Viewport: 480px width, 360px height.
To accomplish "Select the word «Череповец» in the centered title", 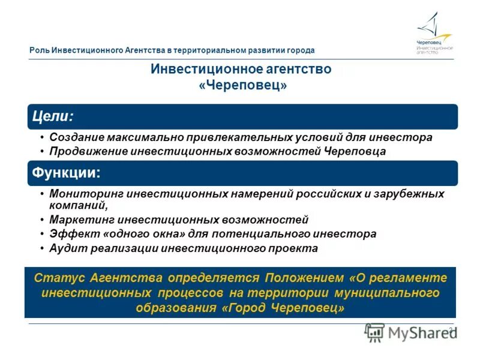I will [x=243, y=86].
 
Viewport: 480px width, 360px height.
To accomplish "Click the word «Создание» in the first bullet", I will [x=76, y=137].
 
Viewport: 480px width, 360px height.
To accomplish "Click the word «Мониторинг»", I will [x=87, y=194].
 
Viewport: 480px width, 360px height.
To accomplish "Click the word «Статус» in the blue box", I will [x=59, y=278].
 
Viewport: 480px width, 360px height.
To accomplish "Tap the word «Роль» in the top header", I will [x=39, y=50].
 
